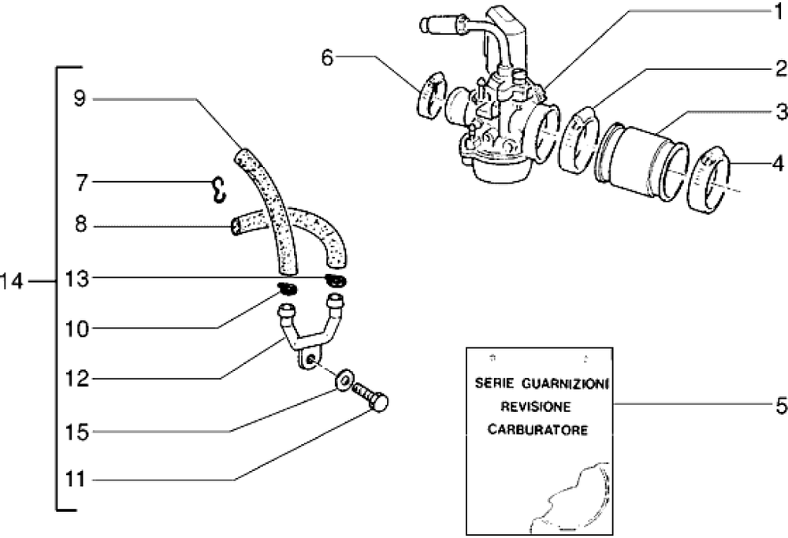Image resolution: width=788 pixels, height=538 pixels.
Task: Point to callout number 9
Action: point(79,98)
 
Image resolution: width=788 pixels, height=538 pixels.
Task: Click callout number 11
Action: point(80,479)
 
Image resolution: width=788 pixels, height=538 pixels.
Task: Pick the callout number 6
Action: point(328,56)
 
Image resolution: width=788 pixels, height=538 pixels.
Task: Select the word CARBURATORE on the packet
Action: point(537,431)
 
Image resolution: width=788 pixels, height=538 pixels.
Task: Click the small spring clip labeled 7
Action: point(218,188)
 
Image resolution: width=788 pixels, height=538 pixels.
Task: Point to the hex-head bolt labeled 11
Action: point(371,397)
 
